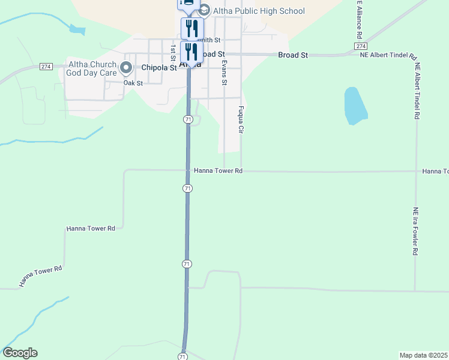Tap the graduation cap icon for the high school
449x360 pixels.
(x=204, y=10)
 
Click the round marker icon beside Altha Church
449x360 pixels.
(x=126, y=68)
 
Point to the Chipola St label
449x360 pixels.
(x=158, y=68)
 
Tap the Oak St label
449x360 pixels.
(x=133, y=83)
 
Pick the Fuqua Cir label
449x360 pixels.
(x=241, y=119)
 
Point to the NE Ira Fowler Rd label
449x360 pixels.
(x=415, y=232)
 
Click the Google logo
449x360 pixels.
(x=20, y=353)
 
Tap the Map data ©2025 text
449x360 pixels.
(x=424, y=355)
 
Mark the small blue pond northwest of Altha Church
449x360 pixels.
(x=77, y=29)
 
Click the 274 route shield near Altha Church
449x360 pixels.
(x=46, y=66)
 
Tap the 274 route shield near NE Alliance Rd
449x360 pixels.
(x=360, y=46)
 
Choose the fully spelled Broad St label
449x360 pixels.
(x=293, y=55)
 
